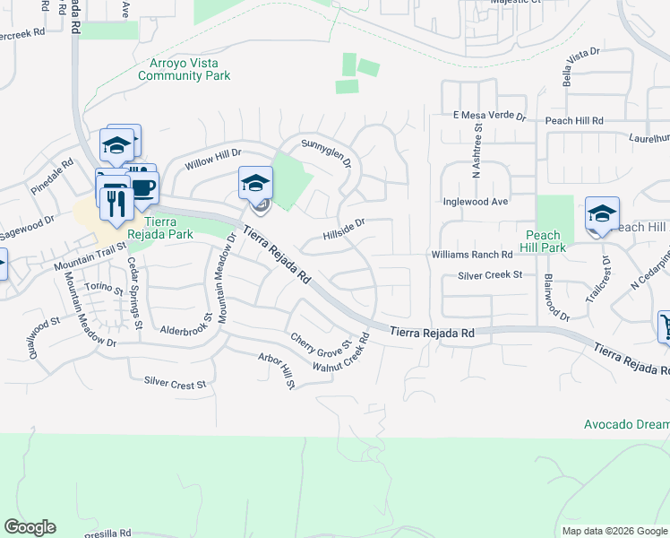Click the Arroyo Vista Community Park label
pyautogui.click(x=184, y=69)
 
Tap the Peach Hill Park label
pyautogui.click(x=543, y=241)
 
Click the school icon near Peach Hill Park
pyautogui.click(x=602, y=214)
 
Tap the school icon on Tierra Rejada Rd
pyautogui.click(x=255, y=184)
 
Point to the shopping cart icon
pyautogui.click(x=666, y=325)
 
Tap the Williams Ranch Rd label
pyautogui.click(x=472, y=255)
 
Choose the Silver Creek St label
pyautogui.click(x=490, y=275)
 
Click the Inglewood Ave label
pyautogui.click(x=476, y=202)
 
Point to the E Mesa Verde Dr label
pyautogui.click(x=489, y=116)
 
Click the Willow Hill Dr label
pyautogui.click(x=213, y=161)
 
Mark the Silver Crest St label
pyautogui.click(x=175, y=383)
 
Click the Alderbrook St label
pyautogui.click(x=186, y=330)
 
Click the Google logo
pyautogui.click(x=30, y=527)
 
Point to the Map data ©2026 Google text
pyautogui.click(x=614, y=531)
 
